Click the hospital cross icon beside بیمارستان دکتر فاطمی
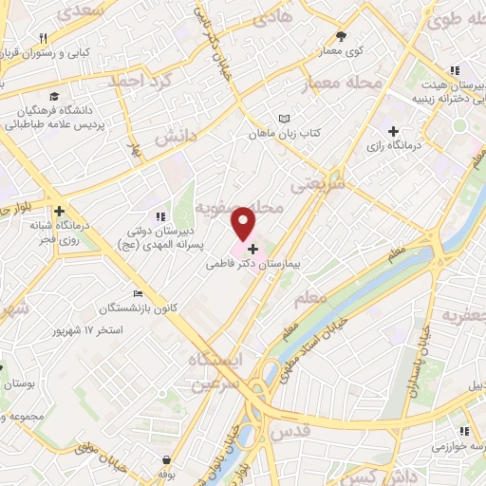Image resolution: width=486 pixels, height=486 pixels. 252,248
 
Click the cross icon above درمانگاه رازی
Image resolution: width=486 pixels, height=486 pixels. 393,130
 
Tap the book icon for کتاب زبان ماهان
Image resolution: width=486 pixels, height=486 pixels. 282,119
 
